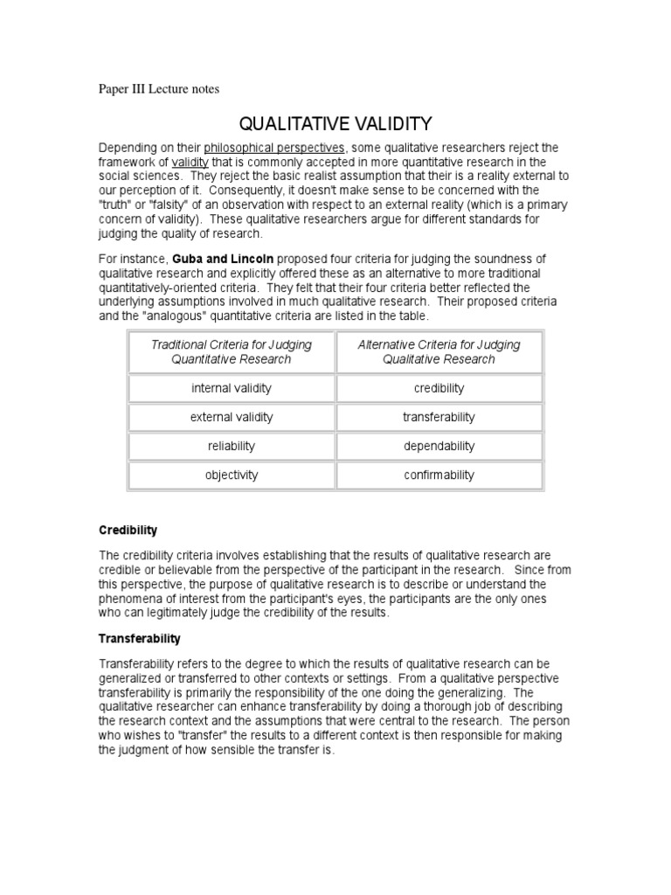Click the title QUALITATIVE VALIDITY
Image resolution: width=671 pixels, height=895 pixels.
335,124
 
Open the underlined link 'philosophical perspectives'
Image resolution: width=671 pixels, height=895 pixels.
275,148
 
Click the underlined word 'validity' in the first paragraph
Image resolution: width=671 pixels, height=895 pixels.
190,163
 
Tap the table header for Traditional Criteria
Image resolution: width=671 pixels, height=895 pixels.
232,351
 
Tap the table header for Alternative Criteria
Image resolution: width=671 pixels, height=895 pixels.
439,351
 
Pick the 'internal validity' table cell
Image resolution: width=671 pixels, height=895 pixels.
232,388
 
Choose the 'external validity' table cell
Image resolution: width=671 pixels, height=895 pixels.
232,417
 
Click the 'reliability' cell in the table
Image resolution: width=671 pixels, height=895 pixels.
232,446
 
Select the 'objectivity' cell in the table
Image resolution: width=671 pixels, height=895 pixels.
232,475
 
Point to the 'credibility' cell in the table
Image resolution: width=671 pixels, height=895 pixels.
439,388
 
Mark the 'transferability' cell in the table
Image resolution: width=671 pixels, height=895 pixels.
439,417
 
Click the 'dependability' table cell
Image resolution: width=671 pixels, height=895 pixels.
439,446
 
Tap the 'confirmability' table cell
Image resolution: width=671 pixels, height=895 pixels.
439,475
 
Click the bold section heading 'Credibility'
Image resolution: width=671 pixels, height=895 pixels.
128,531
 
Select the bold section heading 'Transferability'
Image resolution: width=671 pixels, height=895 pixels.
140,639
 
